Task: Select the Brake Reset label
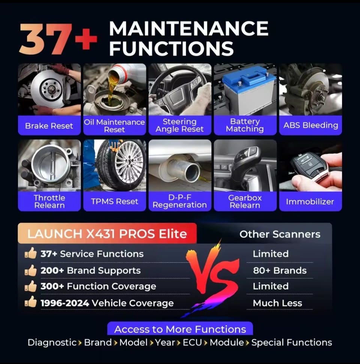coord(49,126)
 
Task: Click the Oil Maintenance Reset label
coord(114,126)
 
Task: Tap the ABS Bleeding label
coord(310,125)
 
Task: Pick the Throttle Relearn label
coord(49,201)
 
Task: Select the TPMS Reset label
coord(114,201)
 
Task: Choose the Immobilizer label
coord(310,201)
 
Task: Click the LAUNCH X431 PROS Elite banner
coord(107,234)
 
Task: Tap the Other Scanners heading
coord(280,234)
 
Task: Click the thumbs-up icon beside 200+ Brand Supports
coord(31,270)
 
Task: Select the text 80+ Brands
coord(280,270)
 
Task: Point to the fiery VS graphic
coord(213,279)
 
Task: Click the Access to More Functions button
coord(180,329)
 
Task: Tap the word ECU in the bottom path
coord(192,342)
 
